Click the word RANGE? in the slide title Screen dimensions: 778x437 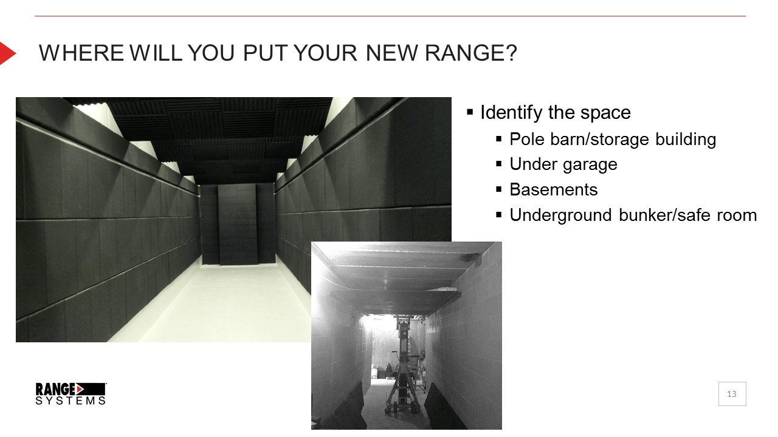[471, 53]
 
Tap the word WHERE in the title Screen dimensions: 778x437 [81, 53]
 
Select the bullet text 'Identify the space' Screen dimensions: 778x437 [556, 113]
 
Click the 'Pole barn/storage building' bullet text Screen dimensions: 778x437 [613, 140]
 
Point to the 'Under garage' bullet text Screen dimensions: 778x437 [563, 164]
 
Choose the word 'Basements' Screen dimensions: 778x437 [554, 190]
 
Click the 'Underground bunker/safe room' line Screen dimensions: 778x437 [633, 215]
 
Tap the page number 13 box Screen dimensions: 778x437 [732, 394]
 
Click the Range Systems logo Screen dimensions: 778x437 [71, 394]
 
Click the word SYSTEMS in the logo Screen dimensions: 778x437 [71, 401]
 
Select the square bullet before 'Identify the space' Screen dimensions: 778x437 [470, 112]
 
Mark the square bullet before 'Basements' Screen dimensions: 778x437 [499, 189]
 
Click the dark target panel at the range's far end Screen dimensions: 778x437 [238, 225]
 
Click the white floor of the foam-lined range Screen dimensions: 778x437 [215, 305]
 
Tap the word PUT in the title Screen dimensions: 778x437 [264, 53]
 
